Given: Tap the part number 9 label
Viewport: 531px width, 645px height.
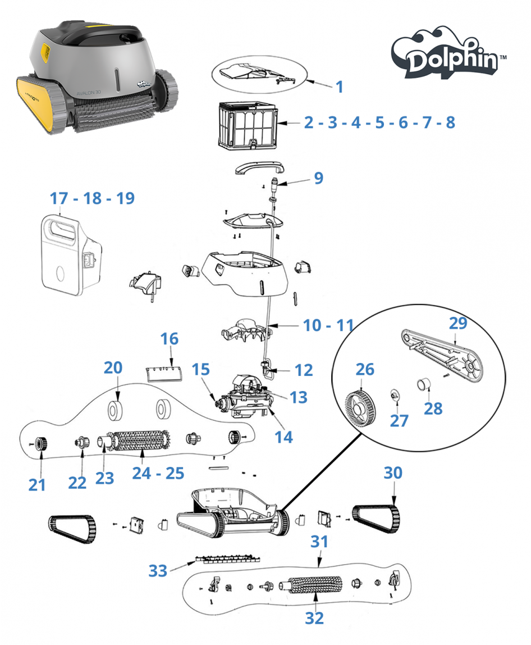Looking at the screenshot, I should tap(318, 178).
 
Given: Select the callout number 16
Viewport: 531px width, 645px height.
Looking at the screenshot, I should tap(170, 339).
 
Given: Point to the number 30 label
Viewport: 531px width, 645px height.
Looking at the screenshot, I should tap(393, 473).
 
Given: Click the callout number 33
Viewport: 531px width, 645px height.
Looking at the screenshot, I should tap(158, 571).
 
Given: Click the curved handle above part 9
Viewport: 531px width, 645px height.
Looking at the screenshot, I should tap(259, 167).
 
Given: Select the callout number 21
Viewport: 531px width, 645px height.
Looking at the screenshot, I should tap(37, 484).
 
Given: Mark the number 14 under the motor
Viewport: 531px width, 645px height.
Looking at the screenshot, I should tap(283, 436).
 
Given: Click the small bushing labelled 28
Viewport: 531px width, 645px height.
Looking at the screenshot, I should tap(423, 386).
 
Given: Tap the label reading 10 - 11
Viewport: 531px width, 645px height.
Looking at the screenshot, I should tap(328, 325).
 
